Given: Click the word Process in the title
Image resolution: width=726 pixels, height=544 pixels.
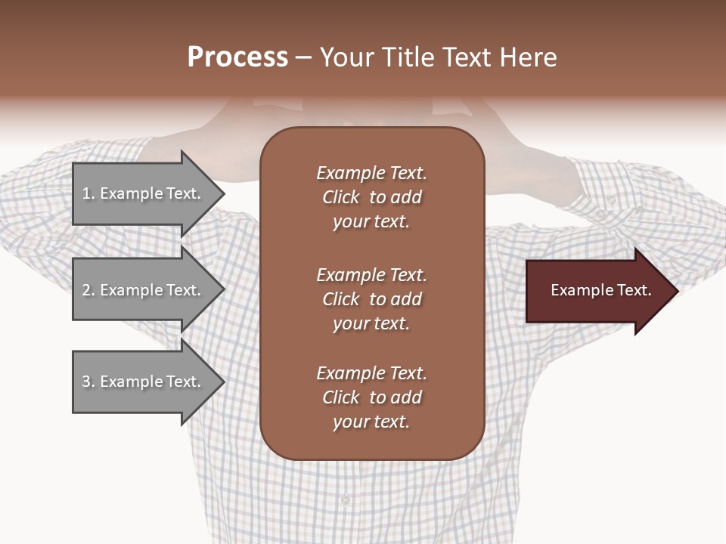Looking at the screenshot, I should [237, 57].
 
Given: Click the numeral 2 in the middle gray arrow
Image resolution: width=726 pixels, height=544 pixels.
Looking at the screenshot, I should [85, 290].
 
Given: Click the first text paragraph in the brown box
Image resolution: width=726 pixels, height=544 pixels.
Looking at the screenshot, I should [371, 197].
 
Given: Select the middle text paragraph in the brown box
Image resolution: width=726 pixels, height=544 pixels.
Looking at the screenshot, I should [371, 299].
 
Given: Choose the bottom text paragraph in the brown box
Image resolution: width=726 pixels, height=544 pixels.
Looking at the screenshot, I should [371, 397].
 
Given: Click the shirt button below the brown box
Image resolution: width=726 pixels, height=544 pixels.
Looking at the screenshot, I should [345, 499].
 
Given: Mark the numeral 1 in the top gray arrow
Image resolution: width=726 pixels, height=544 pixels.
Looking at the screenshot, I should [85, 193].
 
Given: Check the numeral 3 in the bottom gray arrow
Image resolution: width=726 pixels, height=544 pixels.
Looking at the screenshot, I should [85, 382].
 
